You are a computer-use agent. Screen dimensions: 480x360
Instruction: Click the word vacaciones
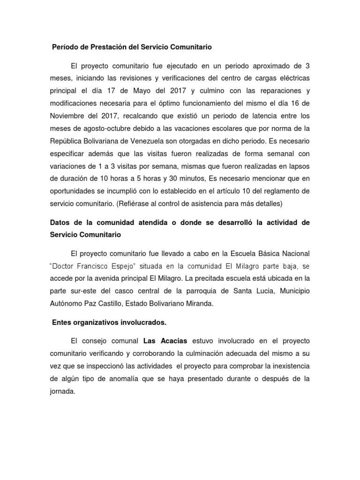[198, 127]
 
